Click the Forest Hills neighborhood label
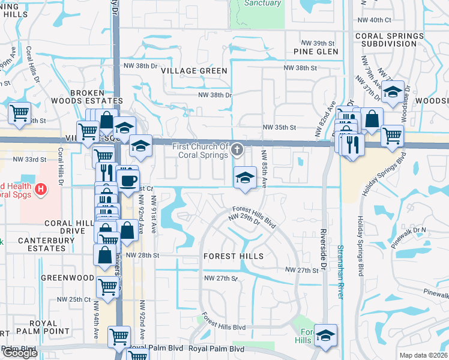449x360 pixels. pyautogui.click(x=234, y=256)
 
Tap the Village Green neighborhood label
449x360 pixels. pyautogui.click(x=194, y=71)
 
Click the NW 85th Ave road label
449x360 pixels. pyautogui.click(x=264, y=168)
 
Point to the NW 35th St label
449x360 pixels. pyautogui.click(x=280, y=128)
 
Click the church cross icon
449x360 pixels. pyautogui.click(x=238, y=148)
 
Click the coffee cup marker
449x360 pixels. pyautogui.click(x=128, y=180)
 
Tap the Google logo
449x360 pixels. pyautogui.click(x=20, y=353)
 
